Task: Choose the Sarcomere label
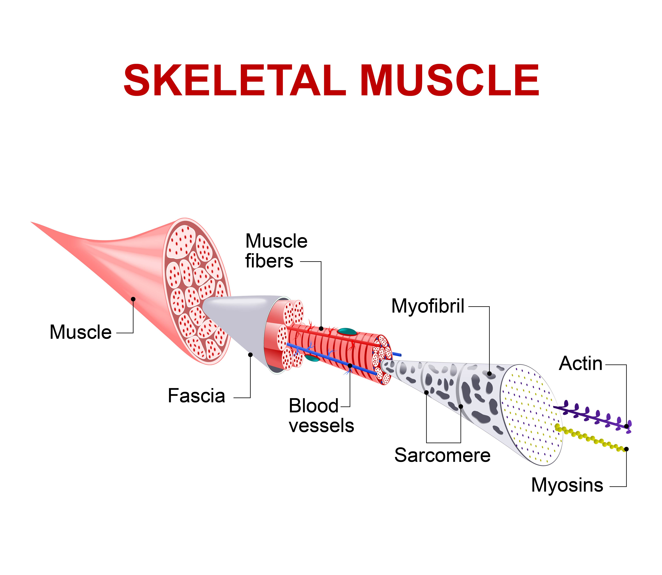(442, 455)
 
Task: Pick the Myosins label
(567, 485)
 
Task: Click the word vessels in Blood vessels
(321, 426)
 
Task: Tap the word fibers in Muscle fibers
(269, 261)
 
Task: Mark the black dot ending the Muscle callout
(133, 299)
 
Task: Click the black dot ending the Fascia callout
(250, 355)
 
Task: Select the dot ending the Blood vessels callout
(350, 366)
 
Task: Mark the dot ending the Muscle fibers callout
(321, 329)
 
